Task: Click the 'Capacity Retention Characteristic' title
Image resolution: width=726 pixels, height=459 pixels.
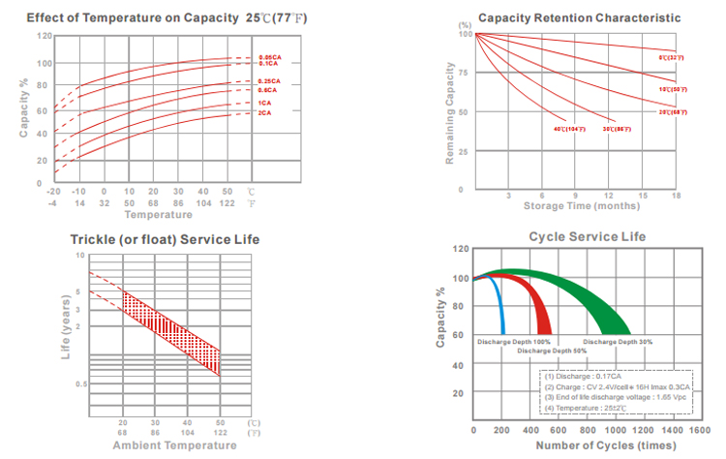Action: click(x=579, y=18)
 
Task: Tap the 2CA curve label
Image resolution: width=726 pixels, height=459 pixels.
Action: click(x=265, y=114)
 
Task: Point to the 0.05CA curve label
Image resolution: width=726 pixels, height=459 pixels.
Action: click(x=269, y=58)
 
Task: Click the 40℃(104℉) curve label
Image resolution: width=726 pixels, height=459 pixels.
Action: click(x=569, y=129)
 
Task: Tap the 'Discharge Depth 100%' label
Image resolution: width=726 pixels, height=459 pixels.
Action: click(x=513, y=342)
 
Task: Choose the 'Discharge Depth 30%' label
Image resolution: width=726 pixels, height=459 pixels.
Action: click(x=618, y=342)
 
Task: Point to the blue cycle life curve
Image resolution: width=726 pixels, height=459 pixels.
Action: click(x=499, y=300)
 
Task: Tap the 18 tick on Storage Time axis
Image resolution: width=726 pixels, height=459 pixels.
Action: click(x=676, y=196)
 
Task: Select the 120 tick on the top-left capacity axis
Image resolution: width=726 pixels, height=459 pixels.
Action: click(x=45, y=36)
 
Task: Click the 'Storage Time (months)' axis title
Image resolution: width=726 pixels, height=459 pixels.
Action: click(x=581, y=206)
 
